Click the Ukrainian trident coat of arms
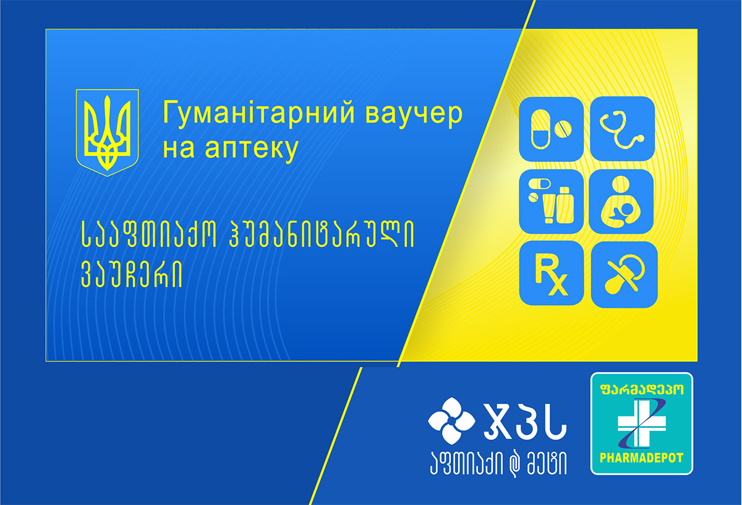pyautogui.click(x=107, y=132)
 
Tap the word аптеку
pyautogui.click(x=252, y=149)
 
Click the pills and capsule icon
pyautogui.click(x=551, y=129)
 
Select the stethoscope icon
pyautogui.click(x=622, y=129)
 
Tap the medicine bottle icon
pyautogui.click(x=551, y=202)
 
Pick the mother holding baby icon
pyautogui.click(x=621, y=202)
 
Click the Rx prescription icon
pyautogui.click(x=552, y=273)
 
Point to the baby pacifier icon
pyautogui.click(x=624, y=275)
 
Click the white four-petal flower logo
pyautogui.click(x=451, y=421)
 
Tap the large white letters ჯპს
pyautogui.click(x=525, y=421)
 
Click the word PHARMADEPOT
pyautogui.click(x=642, y=458)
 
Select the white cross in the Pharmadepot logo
pyautogui.click(x=642, y=423)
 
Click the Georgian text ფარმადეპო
pyautogui.click(x=642, y=389)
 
